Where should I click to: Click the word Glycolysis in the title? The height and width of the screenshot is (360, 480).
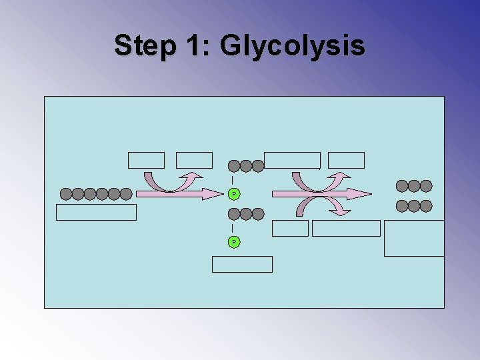coord(292,45)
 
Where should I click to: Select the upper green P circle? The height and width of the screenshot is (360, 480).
coord(233,194)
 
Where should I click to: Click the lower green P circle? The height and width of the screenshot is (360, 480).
coord(233,241)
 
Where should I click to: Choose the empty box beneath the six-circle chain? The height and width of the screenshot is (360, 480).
coord(96,212)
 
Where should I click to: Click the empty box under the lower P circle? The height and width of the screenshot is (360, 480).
coord(242,264)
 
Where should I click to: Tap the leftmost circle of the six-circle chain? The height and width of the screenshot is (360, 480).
coord(66,194)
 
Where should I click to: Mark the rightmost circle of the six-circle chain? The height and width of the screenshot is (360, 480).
coord(126,194)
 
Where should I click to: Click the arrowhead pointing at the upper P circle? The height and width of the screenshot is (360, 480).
coord(214,194)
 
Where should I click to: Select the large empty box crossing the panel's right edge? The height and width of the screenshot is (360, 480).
coord(414,238)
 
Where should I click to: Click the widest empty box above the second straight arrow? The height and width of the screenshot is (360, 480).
coord(292,160)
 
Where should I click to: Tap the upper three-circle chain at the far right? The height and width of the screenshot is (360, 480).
coord(414,186)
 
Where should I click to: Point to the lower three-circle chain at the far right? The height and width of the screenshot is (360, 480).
coord(414,206)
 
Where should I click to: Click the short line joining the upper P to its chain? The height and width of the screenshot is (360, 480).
coord(231,180)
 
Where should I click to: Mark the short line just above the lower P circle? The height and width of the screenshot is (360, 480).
coord(231,228)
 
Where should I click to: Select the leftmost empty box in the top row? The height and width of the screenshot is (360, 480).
coord(146,160)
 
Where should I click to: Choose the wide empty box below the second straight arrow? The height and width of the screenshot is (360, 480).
coord(346,228)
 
